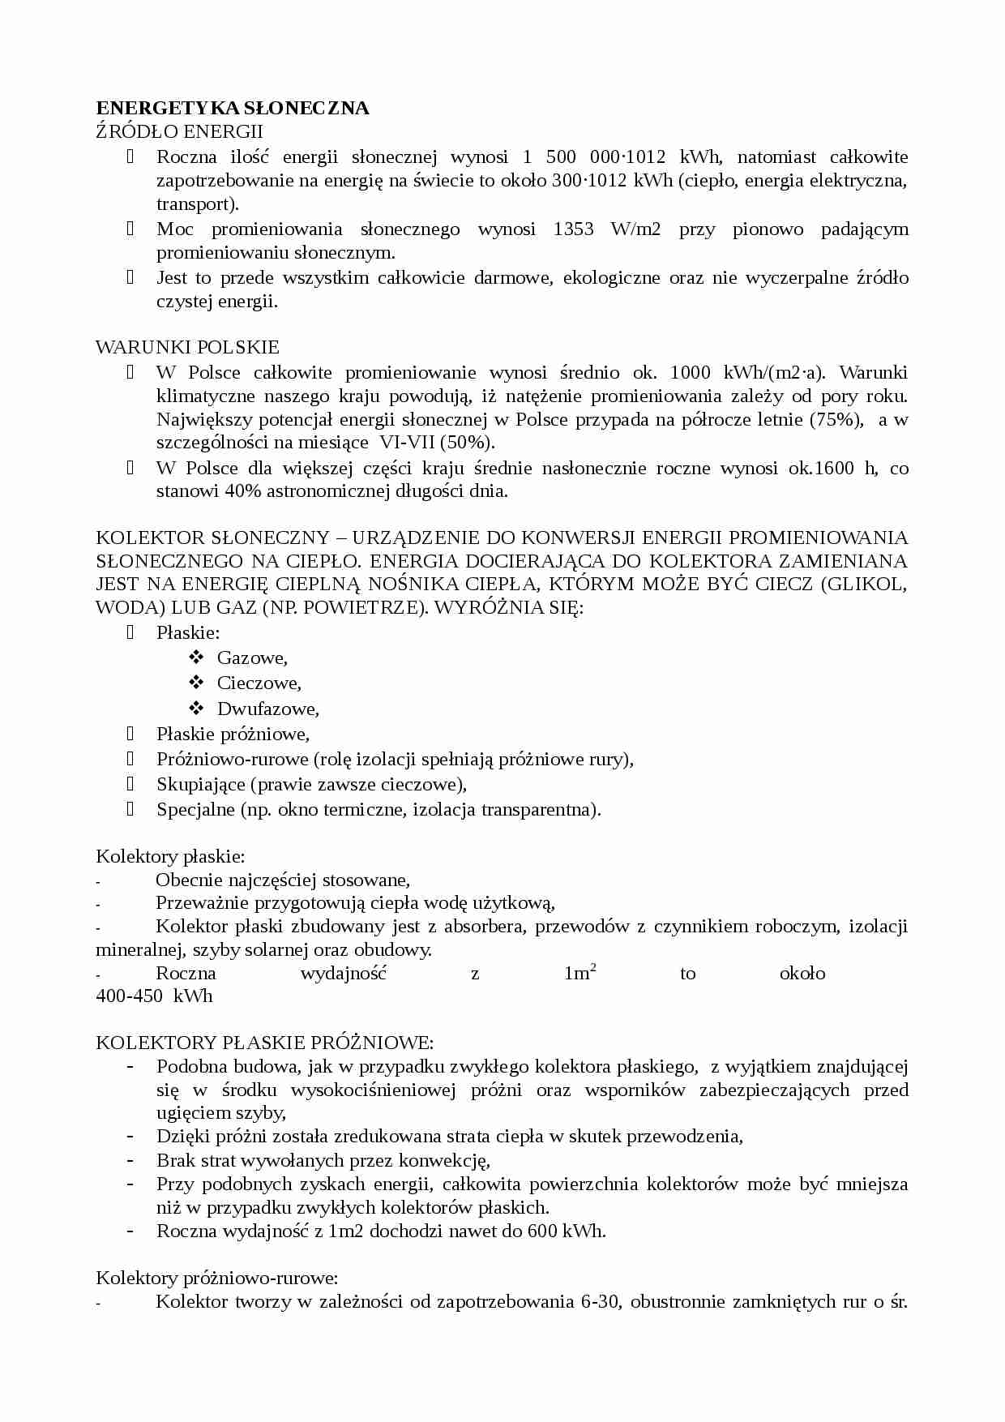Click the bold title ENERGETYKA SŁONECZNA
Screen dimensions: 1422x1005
pos(233,108)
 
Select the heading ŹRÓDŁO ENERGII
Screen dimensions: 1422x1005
pos(179,131)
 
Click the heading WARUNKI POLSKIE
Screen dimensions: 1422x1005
pos(187,347)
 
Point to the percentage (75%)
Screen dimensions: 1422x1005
pos(836,419)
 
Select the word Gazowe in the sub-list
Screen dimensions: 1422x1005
pos(252,658)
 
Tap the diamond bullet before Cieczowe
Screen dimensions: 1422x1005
pos(195,683)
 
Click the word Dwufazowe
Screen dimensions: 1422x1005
pos(267,709)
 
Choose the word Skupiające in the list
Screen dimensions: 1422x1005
pos(199,784)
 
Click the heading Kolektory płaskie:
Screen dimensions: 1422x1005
pos(170,856)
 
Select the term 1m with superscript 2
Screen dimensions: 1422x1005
pos(579,973)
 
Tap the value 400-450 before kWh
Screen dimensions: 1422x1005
pos(130,996)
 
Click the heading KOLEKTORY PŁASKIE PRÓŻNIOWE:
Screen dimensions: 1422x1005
pos(264,1043)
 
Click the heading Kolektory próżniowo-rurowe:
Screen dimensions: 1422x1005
pos(216,1278)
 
